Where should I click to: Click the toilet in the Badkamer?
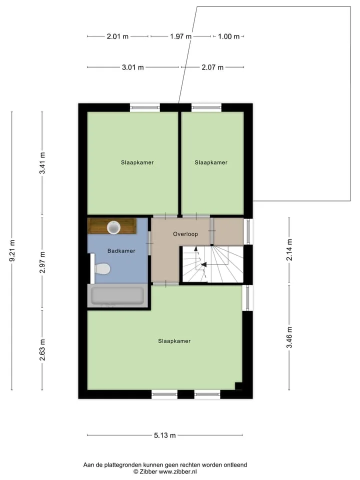[x=102, y=269]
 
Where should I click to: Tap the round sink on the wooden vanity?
[x=113, y=227]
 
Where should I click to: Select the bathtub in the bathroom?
[x=117, y=295]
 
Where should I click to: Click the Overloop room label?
[x=185, y=234]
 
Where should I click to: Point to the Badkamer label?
[x=121, y=251]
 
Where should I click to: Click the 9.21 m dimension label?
[x=12, y=250]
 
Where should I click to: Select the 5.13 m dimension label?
[x=164, y=435]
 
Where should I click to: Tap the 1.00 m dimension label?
[x=228, y=36]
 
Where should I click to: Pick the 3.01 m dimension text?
[x=133, y=67]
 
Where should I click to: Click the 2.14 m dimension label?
[x=289, y=250]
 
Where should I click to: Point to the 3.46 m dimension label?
[x=289, y=337]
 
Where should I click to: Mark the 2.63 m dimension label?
[x=42, y=349]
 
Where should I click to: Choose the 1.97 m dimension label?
[x=180, y=36]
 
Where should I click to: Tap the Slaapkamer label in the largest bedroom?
[x=174, y=341]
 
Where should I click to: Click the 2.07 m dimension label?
[x=212, y=67]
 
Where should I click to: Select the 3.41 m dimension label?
[x=42, y=163]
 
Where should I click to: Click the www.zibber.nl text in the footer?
[x=178, y=471]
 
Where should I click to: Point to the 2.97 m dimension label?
[x=42, y=262]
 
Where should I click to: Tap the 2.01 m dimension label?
[x=117, y=36]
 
